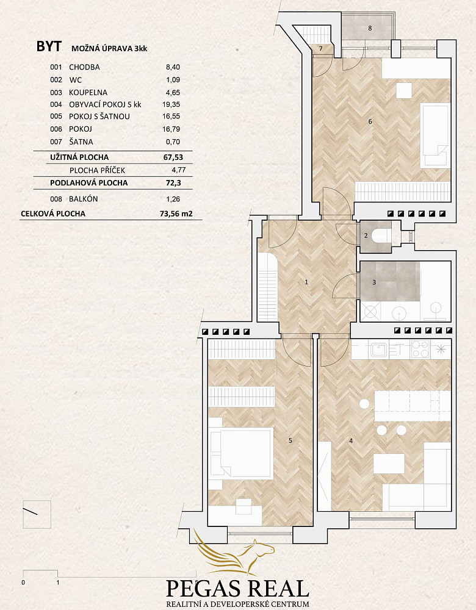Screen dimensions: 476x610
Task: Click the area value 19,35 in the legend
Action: pyautogui.click(x=171, y=105)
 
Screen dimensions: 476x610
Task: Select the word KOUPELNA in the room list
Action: pyautogui.click(x=88, y=93)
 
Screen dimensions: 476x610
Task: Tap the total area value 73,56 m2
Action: pyautogui.click(x=176, y=213)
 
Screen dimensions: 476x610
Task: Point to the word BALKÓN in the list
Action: pyautogui.click(x=83, y=199)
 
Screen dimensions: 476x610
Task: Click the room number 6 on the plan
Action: pyautogui.click(x=370, y=122)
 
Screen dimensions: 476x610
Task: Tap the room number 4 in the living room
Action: pyautogui.click(x=351, y=441)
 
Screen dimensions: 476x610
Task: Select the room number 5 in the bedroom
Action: pyautogui.click(x=290, y=440)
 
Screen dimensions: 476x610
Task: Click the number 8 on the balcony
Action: pyautogui.click(x=370, y=28)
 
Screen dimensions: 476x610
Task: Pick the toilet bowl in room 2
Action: pyautogui.click(x=381, y=235)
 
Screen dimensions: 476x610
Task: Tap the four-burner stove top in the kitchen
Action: pyautogui.click(x=420, y=349)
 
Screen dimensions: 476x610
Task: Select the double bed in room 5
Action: pyautogui.click(x=241, y=452)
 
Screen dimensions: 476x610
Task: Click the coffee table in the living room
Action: pyautogui.click(x=389, y=464)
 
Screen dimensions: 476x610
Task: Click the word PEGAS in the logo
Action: pyautogui.click(x=201, y=589)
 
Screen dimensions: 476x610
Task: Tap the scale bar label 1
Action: pyautogui.click(x=58, y=583)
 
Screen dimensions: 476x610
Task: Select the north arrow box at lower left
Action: pyautogui.click(x=37, y=514)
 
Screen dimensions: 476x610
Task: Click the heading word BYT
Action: pyautogui.click(x=49, y=46)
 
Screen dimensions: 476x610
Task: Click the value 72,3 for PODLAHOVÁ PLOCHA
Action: pyautogui.click(x=173, y=183)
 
